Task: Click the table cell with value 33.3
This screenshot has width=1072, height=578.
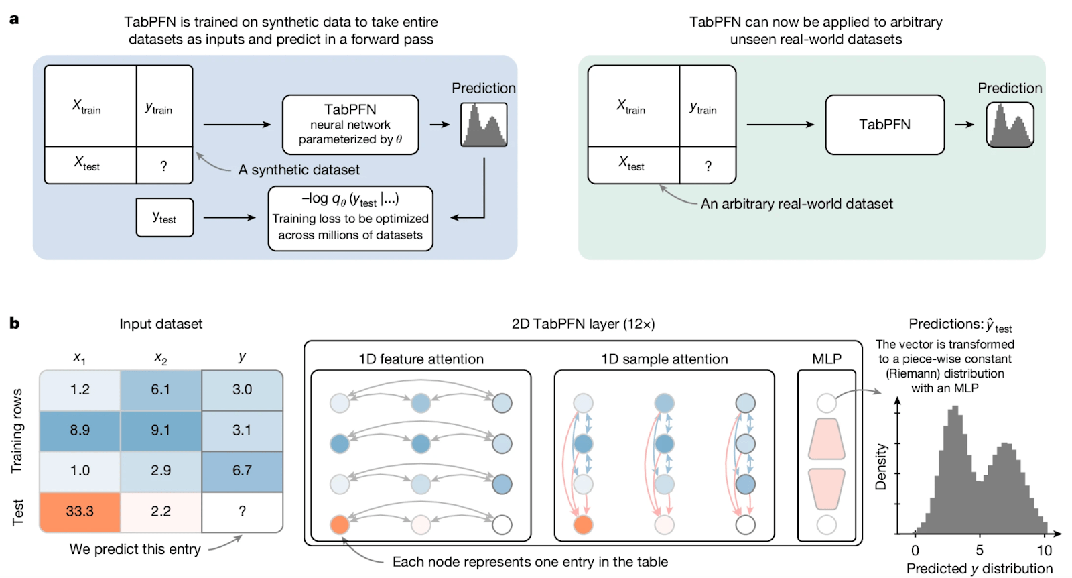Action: click(80, 512)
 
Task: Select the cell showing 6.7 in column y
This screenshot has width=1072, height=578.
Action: click(242, 471)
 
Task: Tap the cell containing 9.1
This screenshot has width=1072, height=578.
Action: click(161, 430)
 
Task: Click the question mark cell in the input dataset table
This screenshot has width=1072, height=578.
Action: click(242, 512)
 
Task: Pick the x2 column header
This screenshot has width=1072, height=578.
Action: click(161, 358)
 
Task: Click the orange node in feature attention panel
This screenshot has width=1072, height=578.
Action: click(340, 524)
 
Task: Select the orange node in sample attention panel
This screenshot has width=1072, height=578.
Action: click(583, 524)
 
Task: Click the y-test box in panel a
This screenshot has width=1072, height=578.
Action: click(164, 217)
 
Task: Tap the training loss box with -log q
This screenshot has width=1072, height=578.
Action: click(350, 219)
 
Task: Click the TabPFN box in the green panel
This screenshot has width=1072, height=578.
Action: click(884, 125)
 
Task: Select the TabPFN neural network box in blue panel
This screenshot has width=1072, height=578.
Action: click(350, 125)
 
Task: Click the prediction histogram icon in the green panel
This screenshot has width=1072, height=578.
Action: click(1010, 125)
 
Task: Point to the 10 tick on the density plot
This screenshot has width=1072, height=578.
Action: click(1044, 551)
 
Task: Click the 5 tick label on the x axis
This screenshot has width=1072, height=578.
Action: click(980, 551)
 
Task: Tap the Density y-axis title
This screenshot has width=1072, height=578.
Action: click(880, 467)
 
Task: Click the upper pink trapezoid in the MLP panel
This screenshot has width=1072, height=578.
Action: click(826, 439)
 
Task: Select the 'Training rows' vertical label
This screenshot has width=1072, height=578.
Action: click(17, 430)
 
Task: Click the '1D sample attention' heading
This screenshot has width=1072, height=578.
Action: click(664, 359)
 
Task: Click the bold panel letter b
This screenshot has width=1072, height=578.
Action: click(14, 324)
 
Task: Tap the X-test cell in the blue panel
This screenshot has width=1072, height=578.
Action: click(87, 164)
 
